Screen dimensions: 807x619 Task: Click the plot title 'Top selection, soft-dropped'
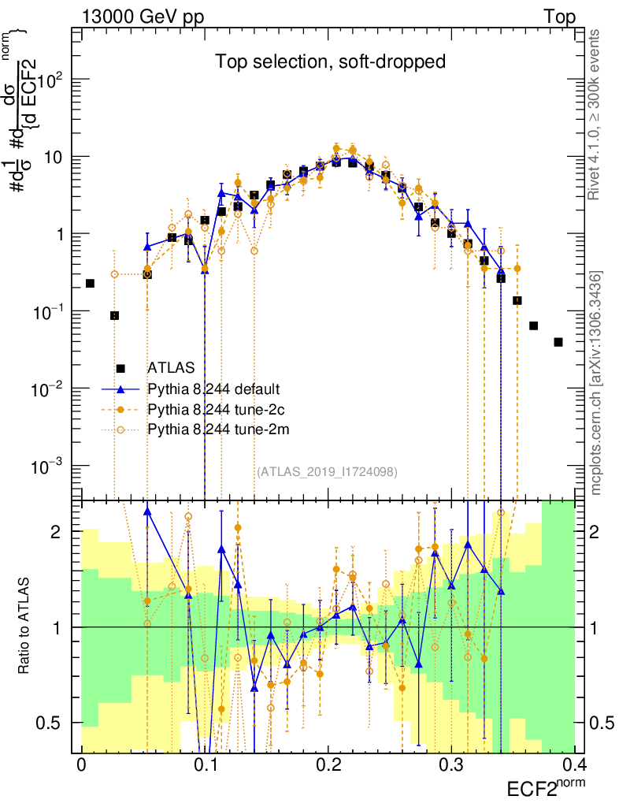331,61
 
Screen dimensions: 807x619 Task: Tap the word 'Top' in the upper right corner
558,17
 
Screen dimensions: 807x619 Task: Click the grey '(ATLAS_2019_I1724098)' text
327,471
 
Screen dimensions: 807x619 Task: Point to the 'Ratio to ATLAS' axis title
24,627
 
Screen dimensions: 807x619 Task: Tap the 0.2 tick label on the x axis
328,765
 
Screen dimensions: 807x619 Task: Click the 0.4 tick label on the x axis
573,765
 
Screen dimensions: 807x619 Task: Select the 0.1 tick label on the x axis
205,765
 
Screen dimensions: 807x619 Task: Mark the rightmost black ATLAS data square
558,342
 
